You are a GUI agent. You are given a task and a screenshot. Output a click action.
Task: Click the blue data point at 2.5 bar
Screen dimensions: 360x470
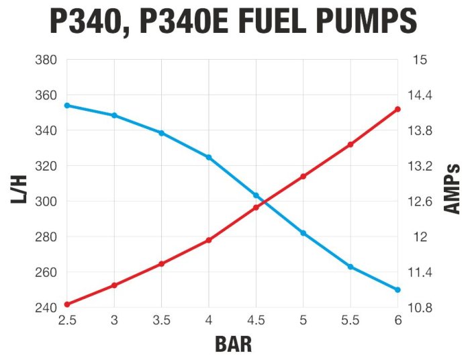[67, 105]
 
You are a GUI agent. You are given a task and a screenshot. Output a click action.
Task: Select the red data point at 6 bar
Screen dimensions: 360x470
[398, 109]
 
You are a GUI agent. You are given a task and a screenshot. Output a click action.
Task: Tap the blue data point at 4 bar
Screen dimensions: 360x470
[209, 157]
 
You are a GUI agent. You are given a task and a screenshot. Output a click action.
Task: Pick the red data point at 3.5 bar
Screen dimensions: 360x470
[162, 264]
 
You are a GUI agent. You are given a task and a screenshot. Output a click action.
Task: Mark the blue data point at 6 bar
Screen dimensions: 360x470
[398, 290]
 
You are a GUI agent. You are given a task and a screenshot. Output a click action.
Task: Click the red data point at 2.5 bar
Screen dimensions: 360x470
[67, 304]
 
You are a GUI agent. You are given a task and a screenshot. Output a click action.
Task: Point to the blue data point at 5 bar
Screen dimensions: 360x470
[303, 233]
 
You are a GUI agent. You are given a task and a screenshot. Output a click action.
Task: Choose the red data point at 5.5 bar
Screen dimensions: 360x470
[350, 144]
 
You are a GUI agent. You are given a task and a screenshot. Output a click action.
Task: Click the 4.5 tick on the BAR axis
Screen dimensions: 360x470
[256, 320]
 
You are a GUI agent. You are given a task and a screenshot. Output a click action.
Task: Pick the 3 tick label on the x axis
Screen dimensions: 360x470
[114, 320]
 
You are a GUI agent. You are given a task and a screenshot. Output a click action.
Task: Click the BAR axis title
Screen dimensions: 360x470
[234, 345]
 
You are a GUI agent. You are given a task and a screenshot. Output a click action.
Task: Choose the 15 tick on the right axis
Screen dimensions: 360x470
[420, 60]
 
